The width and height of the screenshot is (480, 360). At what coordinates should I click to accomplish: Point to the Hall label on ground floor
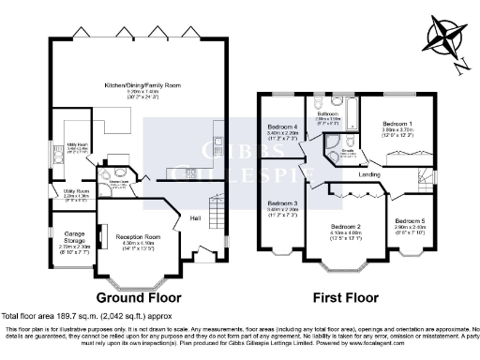pyautogui.click(x=195, y=218)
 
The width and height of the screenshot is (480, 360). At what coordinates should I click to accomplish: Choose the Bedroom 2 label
pyautogui.click(x=345, y=227)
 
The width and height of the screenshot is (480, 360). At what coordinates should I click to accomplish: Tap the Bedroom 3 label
pyautogui.click(x=282, y=203)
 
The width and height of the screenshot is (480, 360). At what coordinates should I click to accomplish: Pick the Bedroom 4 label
pyautogui.click(x=282, y=127)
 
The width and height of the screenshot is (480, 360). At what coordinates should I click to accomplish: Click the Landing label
pyautogui.click(x=367, y=175)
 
